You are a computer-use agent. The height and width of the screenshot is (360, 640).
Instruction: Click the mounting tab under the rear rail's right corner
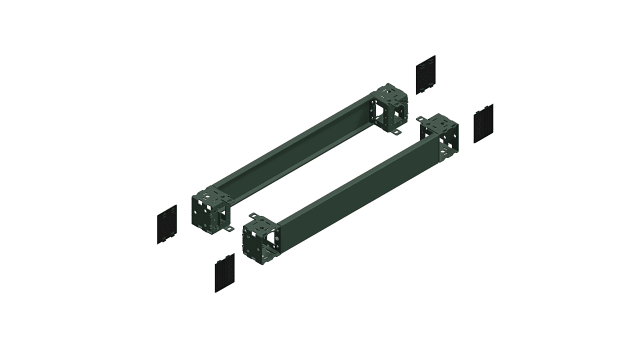tap(397, 133)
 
